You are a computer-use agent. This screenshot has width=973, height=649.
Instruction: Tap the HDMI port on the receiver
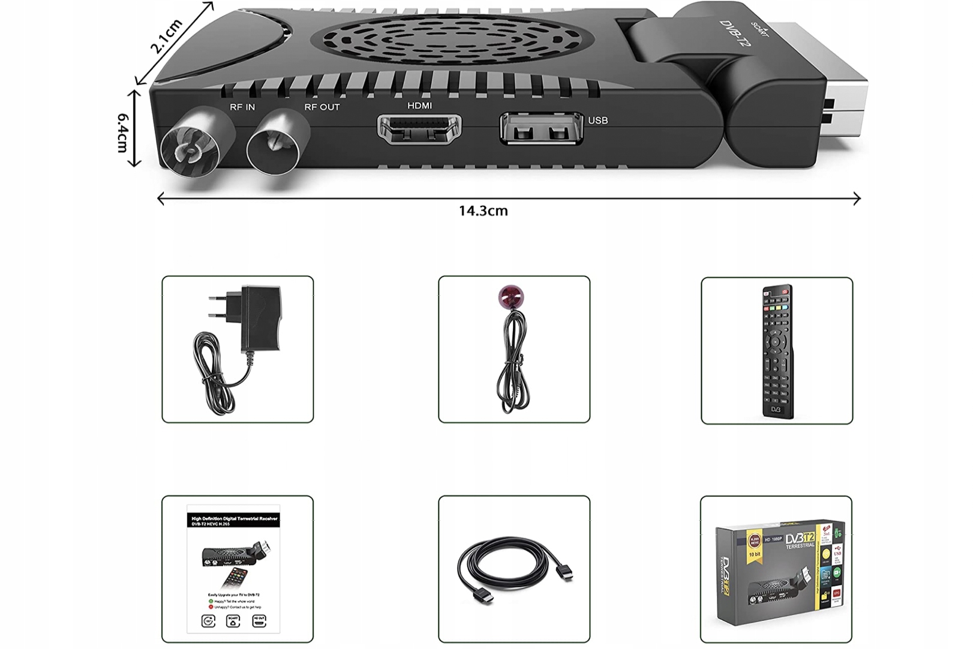[419, 129]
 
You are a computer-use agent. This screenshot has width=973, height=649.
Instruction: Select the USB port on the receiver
[540, 128]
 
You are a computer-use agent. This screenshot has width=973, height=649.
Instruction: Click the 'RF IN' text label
[242, 107]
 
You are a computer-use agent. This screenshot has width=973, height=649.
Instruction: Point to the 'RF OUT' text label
[322, 107]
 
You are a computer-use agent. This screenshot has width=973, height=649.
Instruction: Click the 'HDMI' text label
[419, 106]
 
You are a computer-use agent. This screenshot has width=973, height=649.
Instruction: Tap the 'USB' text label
[597, 121]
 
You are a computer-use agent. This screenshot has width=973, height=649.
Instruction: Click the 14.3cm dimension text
[483, 211]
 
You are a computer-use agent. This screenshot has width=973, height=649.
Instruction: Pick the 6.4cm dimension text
[123, 133]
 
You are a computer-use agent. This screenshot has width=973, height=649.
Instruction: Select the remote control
[777, 351]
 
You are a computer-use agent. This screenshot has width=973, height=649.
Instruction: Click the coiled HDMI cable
[513, 570]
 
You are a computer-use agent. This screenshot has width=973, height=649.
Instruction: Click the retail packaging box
[777, 570]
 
